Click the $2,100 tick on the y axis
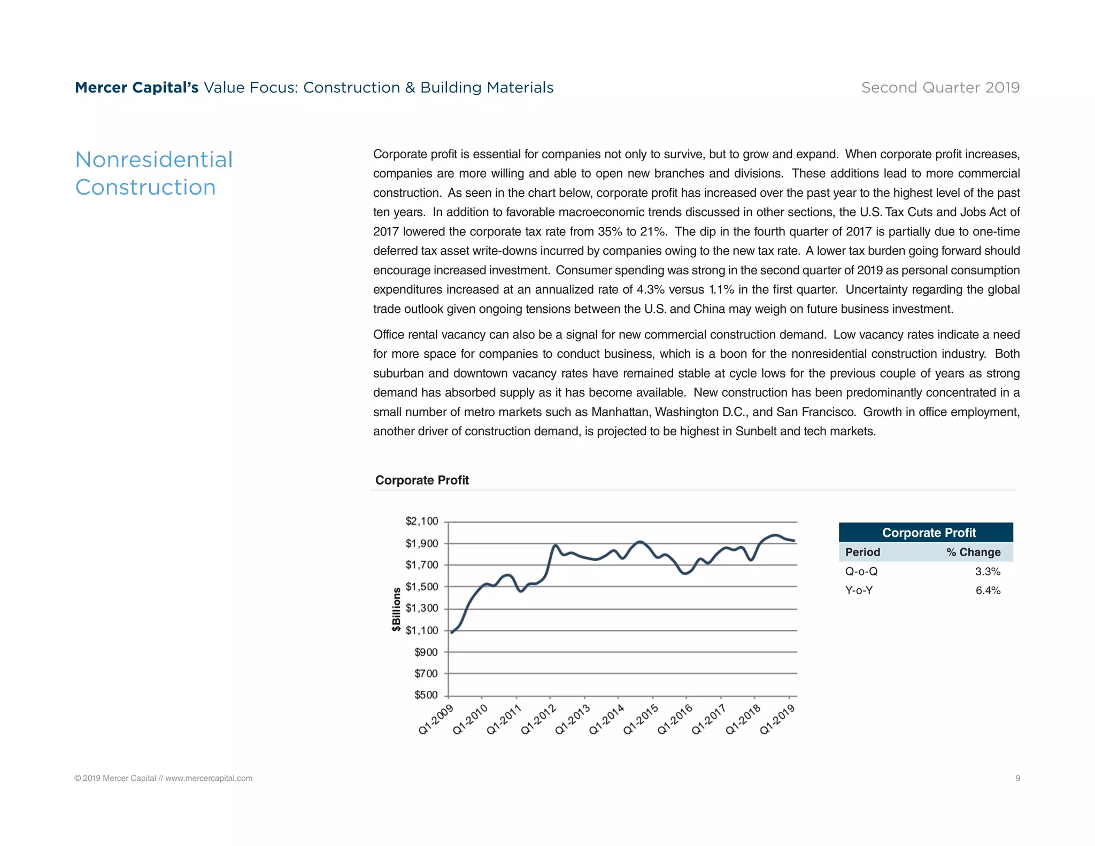click(421, 521)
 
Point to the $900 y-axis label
click(426, 652)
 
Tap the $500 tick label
click(426, 695)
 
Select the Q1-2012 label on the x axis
click(539, 719)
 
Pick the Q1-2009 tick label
click(436, 720)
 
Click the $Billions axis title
click(396, 610)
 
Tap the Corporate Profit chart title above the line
click(422, 480)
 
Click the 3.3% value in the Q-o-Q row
click(988, 572)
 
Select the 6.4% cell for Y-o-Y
click(988, 591)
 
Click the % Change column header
click(973, 552)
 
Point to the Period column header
click(862, 552)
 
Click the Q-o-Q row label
click(861, 572)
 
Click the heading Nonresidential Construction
click(154, 173)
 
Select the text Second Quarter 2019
click(940, 88)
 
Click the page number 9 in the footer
click(1017, 778)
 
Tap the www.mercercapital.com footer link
click(209, 778)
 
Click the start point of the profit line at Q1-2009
click(452, 633)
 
